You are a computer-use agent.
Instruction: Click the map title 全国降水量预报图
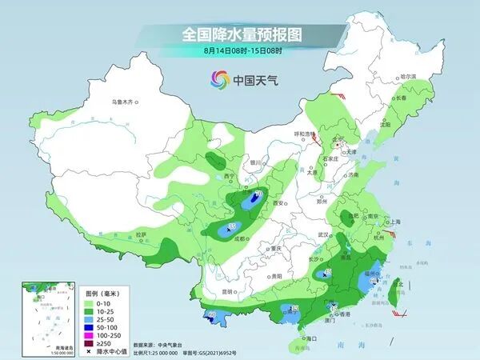click(x=240, y=35)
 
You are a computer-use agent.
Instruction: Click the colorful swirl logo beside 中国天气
click(x=218, y=79)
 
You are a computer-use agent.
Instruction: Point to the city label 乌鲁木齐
click(x=125, y=102)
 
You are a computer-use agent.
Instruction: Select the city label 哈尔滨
click(x=408, y=77)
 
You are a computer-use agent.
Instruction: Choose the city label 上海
click(x=394, y=222)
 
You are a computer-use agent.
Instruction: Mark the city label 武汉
click(x=324, y=234)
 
